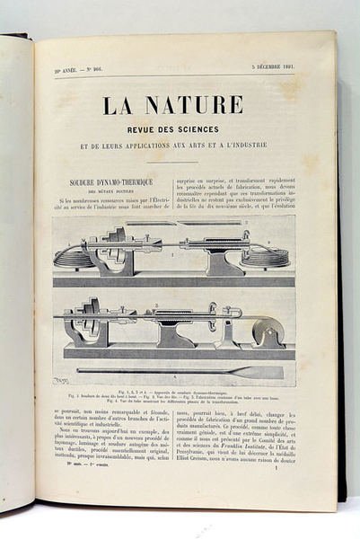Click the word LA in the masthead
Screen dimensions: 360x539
coord(117,105)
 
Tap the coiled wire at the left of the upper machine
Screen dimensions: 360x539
coord(71,256)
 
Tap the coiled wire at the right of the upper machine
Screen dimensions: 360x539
coord(270,256)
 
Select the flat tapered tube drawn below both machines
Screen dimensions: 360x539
coord(180,371)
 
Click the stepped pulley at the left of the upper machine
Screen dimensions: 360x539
coord(111,244)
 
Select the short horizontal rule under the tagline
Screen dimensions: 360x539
coord(172,163)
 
